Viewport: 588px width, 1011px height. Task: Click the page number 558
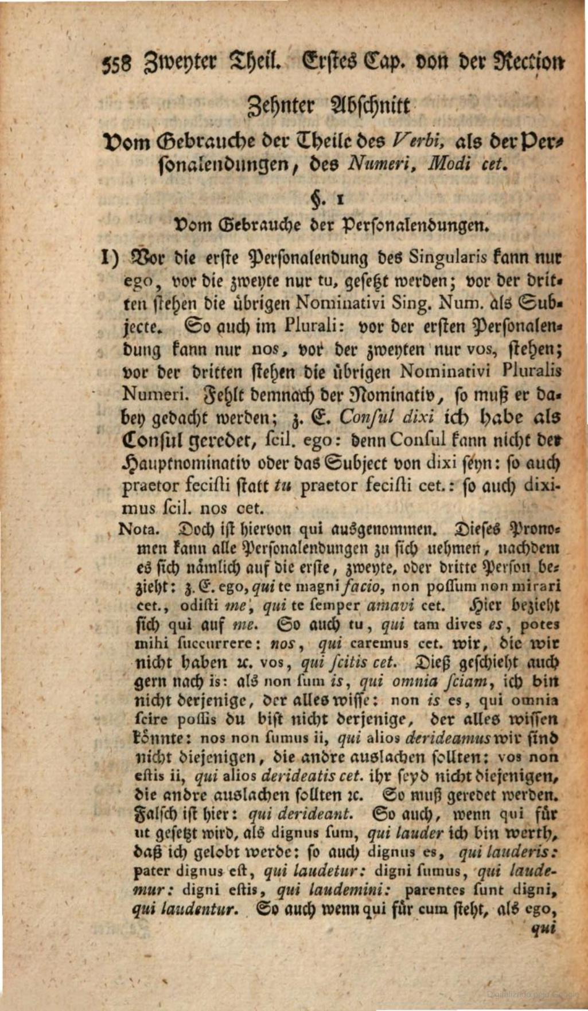tap(116, 64)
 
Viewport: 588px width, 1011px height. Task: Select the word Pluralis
tap(531, 371)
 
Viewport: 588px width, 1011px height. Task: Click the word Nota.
tap(134, 528)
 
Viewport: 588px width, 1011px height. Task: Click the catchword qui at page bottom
tap(544, 930)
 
